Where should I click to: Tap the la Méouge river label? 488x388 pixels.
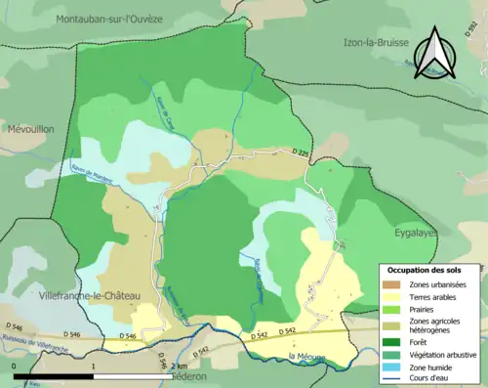309,358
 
